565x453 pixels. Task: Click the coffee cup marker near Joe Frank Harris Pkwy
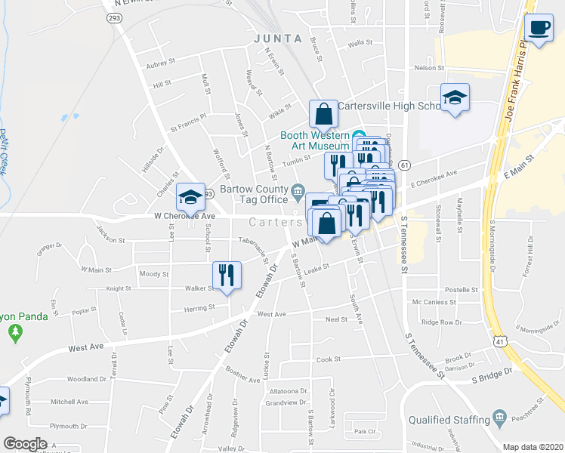coord(539,28)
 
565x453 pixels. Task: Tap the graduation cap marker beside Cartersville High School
coord(455,97)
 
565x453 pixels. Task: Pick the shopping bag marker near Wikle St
coord(323,115)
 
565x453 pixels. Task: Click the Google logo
coord(25,444)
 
